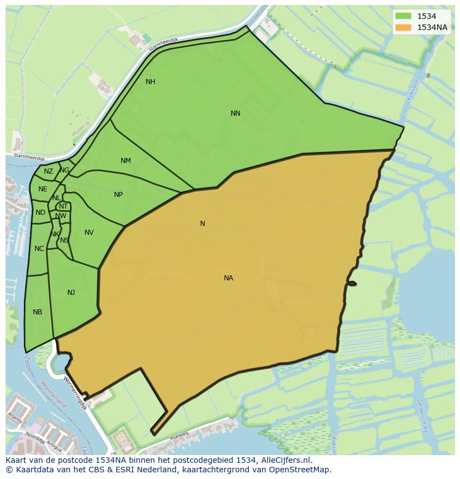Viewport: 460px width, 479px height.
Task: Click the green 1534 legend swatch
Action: pos(403,16)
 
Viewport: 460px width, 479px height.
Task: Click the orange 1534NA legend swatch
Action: pos(403,27)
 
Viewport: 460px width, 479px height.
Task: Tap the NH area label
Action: pos(150,82)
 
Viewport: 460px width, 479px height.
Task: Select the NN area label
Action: pos(236,113)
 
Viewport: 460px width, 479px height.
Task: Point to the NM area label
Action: pos(126,161)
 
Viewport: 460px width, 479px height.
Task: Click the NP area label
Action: pos(118,195)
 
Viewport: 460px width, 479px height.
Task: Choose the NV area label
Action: pos(89,233)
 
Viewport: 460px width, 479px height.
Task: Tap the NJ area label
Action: pos(71,293)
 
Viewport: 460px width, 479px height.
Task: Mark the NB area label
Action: pos(37,312)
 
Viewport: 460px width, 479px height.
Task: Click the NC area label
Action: pos(39,249)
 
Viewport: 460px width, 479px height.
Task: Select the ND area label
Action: pos(40,213)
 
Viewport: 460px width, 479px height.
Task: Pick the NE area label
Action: pos(43,189)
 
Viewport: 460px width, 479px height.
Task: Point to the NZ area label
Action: pos(48,171)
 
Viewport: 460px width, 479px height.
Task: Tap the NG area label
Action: pos(65,170)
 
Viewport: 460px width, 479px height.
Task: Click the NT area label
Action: pos(63,206)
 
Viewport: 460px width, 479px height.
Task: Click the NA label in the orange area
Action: pos(228,278)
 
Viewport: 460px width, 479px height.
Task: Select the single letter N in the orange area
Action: pos(202,224)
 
